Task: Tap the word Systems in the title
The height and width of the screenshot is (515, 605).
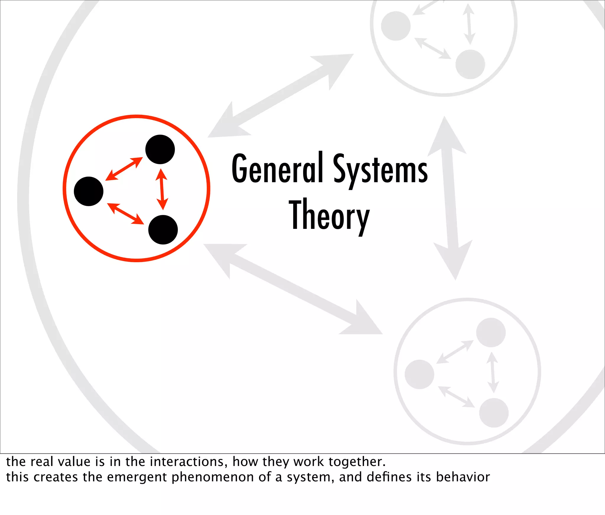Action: point(380,170)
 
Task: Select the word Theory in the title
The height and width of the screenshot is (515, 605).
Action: point(329,216)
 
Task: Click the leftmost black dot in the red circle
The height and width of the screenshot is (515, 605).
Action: point(89,191)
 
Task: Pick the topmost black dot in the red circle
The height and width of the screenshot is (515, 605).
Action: point(160,149)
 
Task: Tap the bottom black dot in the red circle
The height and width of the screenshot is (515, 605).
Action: point(163,230)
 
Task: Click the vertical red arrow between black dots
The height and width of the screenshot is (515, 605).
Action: point(162,189)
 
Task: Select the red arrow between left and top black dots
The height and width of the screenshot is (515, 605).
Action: point(124,169)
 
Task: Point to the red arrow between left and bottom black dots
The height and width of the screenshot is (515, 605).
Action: point(125,214)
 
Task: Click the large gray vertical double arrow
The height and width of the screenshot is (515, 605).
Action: point(450,198)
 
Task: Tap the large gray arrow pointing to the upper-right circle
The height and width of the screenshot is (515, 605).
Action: point(281,96)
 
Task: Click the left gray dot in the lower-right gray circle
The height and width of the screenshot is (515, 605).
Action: point(419,374)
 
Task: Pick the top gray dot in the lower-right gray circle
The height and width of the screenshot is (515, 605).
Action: point(491,333)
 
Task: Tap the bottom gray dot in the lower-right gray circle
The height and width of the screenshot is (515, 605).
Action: point(494,413)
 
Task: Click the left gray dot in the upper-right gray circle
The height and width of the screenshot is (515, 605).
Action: point(396,26)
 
